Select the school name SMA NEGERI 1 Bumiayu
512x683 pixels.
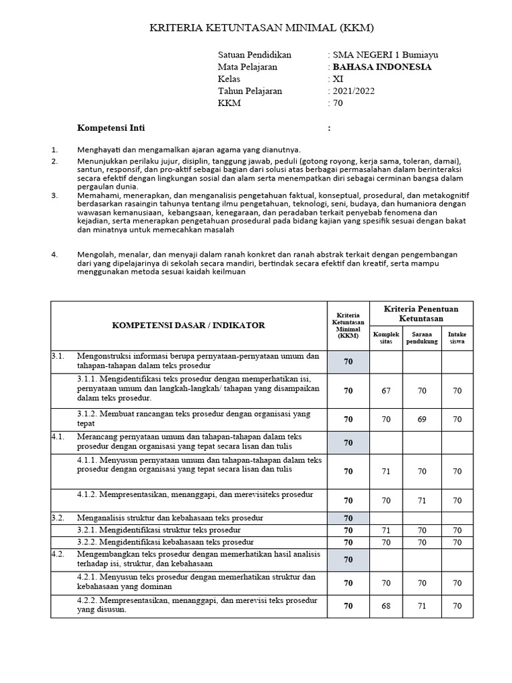[385, 55]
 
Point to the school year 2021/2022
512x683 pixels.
[353, 91]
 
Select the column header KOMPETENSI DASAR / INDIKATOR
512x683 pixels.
[188, 325]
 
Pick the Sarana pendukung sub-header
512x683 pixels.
[422, 337]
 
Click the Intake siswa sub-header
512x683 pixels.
[457, 337]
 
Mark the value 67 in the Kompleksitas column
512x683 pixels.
[386, 391]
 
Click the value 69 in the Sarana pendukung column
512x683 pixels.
[422, 420]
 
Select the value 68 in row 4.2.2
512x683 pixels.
[386, 606]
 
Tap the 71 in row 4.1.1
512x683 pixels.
[386, 471]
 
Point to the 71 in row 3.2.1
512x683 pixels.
[386, 530]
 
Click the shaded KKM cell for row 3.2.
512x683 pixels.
[347, 518]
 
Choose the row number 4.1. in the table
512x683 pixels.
[59, 436]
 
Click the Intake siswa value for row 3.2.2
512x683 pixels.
[457, 542]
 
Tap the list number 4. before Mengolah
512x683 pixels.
[55, 254]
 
